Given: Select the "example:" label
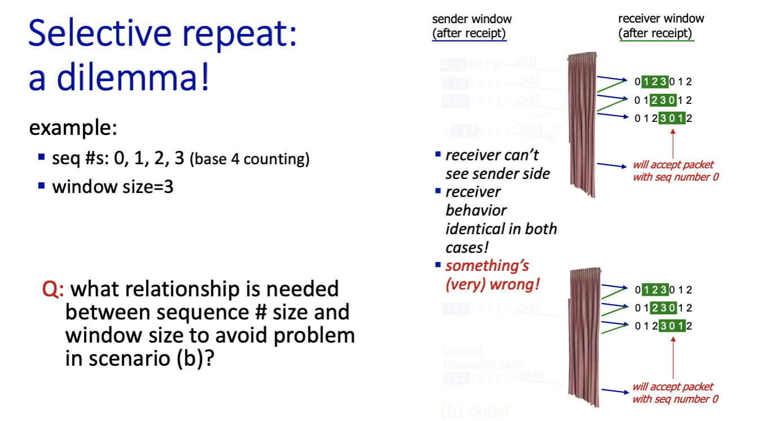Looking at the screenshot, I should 73,128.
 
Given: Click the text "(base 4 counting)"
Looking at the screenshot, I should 250,160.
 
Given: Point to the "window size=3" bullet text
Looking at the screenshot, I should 113,186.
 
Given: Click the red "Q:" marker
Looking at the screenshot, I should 54,290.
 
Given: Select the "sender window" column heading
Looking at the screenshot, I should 472,19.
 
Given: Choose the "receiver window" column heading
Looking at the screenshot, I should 660,19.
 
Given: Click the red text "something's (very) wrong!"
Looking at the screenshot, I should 492,275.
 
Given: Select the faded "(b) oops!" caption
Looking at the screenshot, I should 474,410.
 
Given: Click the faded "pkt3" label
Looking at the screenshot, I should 530,129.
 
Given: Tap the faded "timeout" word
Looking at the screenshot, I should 463,352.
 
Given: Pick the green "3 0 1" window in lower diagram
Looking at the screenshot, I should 672,326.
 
